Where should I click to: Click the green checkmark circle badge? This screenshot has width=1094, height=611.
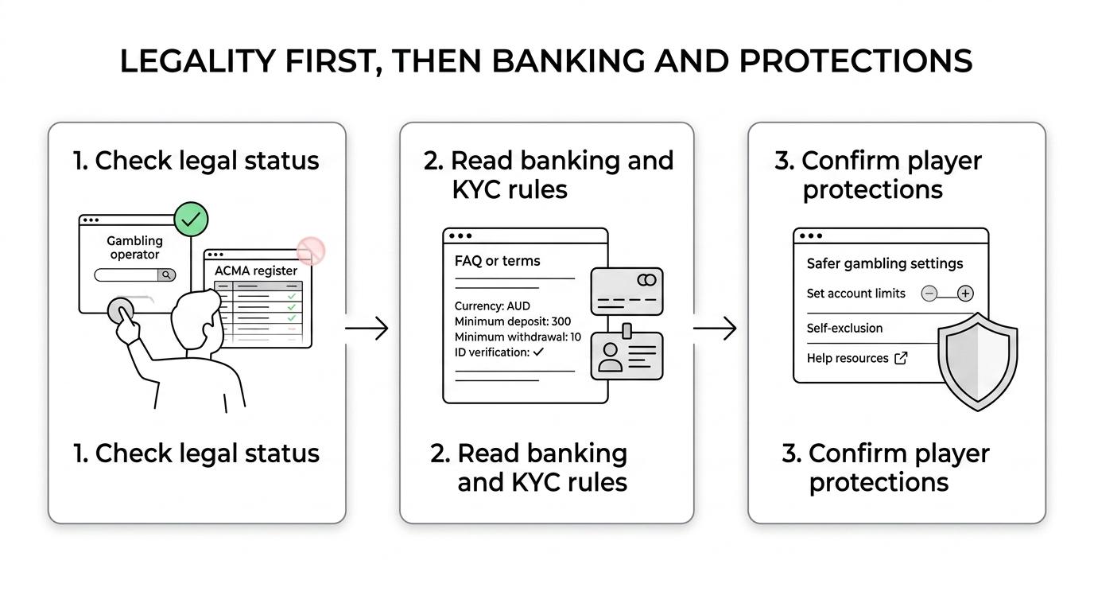pos(191,220)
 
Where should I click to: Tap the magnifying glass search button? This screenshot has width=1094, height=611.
pos(166,275)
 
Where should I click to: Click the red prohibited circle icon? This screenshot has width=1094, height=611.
pos(311,251)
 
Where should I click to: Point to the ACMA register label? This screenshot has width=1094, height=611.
pos(256,270)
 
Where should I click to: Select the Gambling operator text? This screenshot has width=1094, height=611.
pos(135,247)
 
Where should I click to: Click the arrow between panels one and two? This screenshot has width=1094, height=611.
pos(367,328)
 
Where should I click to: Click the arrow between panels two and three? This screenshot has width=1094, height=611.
pos(715,328)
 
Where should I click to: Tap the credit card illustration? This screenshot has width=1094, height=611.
pos(627,291)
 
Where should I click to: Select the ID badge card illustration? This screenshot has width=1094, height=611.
pos(627,353)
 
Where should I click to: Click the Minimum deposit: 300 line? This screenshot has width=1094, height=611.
pos(513,321)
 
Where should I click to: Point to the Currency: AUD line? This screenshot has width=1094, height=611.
pos(492,306)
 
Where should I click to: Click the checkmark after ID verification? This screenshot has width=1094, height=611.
pos(538,352)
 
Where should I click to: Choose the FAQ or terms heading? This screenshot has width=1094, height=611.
pos(497,261)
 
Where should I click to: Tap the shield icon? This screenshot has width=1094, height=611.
pos(977,362)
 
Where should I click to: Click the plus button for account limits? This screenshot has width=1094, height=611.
pos(965,294)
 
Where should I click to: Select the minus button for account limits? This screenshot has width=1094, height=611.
pos(929,294)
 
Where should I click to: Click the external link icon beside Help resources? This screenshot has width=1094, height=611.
pos(901,358)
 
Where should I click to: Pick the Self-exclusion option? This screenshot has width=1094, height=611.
pos(845,328)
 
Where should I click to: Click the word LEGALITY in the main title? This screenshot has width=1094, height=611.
pos(198,61)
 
